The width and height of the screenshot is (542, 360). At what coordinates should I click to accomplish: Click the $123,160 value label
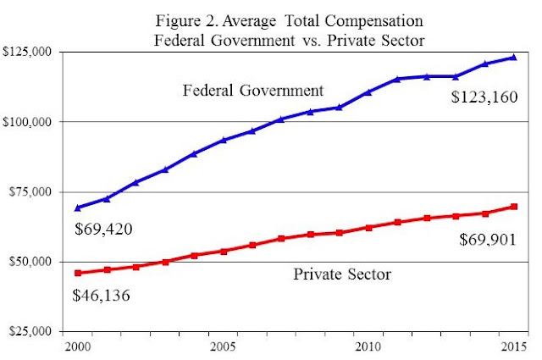tap(484, 97)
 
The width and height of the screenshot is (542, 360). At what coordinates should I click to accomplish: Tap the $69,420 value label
tap(103, 230)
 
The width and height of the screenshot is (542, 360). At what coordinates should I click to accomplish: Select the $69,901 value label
tap(488, 240)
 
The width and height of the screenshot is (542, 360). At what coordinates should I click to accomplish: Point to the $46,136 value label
tap(101, 296)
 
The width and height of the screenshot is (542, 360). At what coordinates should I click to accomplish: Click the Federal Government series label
tap(253, 91)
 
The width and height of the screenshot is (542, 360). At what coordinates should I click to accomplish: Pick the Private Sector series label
tap(342, 274)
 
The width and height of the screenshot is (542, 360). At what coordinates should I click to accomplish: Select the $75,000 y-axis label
tap(35, 191)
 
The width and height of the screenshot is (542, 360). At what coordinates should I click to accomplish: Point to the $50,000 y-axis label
tap(35, 262)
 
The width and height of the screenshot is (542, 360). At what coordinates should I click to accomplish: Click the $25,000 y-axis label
tap(35, 331)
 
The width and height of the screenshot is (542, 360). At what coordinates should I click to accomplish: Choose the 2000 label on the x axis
tap(78, 346)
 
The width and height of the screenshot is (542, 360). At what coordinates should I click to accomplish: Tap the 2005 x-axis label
tap(223, 346)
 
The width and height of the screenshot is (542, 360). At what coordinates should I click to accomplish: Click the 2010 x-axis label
tap(368, 346)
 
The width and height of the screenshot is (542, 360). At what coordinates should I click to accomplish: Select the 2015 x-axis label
tap(514, 346)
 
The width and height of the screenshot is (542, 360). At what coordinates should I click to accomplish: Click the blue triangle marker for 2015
tap(514, 58)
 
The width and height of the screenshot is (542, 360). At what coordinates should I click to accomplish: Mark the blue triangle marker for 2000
tap(78, 208)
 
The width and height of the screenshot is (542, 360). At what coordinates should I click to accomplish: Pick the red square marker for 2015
tap(514, 207)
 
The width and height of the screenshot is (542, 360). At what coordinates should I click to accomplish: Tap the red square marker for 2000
tap(78, 274)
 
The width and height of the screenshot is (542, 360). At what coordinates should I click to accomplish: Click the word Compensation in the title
tap(373, 21)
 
